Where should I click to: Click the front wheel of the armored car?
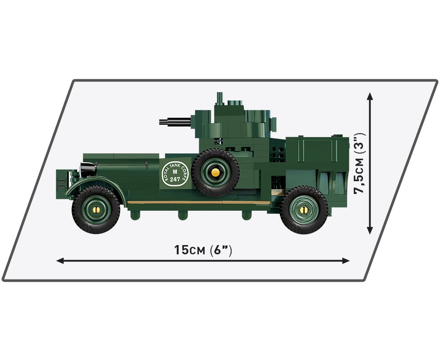click(96, 209)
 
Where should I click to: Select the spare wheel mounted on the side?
click(215, 172)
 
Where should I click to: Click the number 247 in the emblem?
click(175, 179)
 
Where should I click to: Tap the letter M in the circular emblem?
click(176, 172)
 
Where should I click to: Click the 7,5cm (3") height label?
click(360, 163)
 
